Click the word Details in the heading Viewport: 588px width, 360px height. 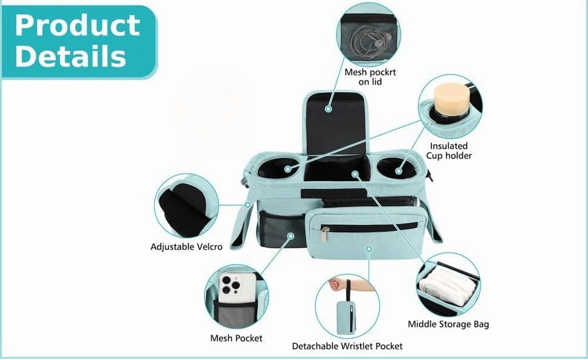pyautogui.click(x=70, y=56)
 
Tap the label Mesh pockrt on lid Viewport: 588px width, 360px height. pyautogui.click(x=370, y=77)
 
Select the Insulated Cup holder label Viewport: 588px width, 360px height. pyautogui.click(x=449, y=151)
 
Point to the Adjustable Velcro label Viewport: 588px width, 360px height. pyautogui.click(x=186, y=247)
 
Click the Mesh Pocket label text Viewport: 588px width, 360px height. pyautogui.click(x=236, y=338)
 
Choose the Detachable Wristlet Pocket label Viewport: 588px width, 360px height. pyautogui.click(x=347, y=346)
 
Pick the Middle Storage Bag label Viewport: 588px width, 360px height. pyautogui.click(x=448, y=324)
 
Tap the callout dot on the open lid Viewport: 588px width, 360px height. pyautogui.click(x=328, y=109)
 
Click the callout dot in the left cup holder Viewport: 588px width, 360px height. pyautogui.click(x=287, y=169)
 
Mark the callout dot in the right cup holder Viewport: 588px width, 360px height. pyautogui.click(x=399, y=171)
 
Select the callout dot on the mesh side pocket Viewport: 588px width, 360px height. pyautogui.click(x=291, y=236)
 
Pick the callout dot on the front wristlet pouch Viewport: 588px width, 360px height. pyautogui.click(x=369, y=249)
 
